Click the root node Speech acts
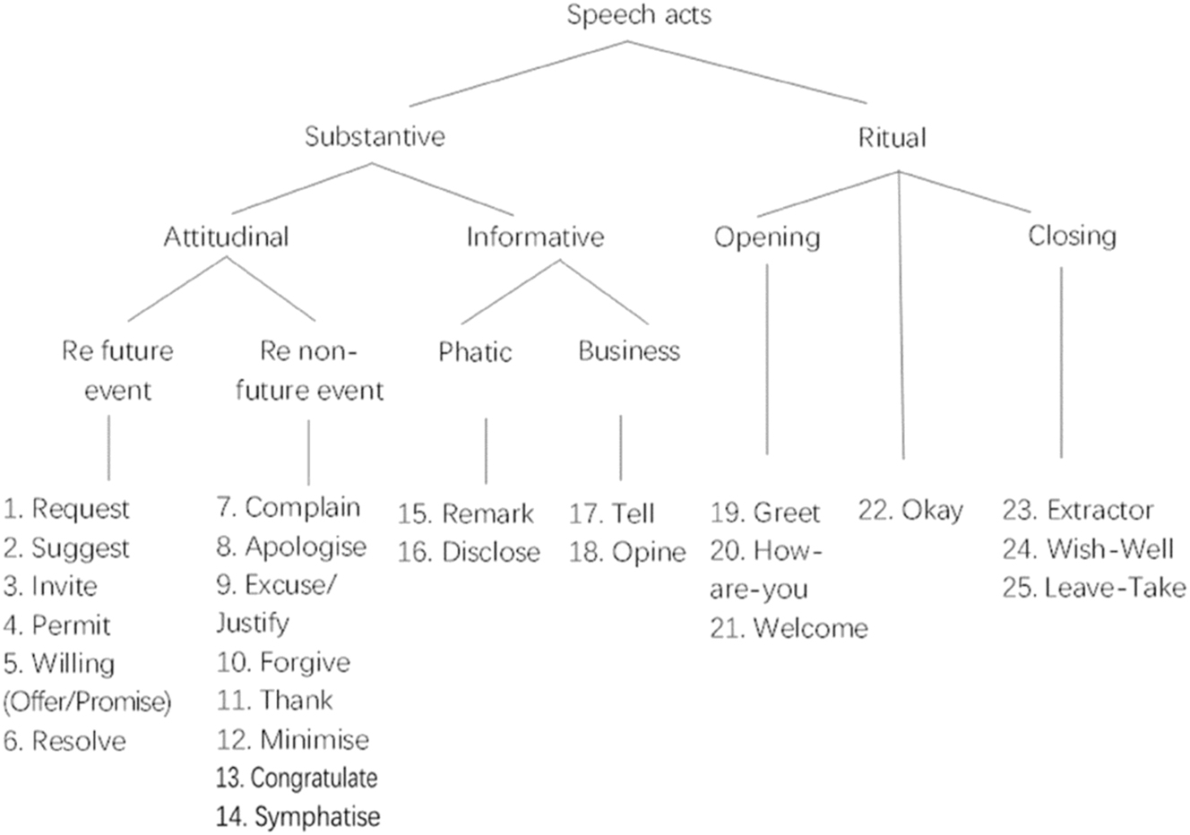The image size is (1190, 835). [x=639, y=15]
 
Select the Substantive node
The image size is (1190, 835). [x=375, y=137]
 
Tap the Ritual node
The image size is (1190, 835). [x=892, y=138]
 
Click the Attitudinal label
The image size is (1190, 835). [x=226, y=237]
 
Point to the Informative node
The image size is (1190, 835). [x=535, y=237]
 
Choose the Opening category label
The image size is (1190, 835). [x=767, y=237]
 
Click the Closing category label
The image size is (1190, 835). [x=1072, y=236]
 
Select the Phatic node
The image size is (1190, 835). [x=475, y=351]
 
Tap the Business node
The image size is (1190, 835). [x=629, y=350]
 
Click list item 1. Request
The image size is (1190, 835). [x=67, y=509]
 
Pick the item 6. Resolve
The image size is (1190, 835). [x=65, y=741]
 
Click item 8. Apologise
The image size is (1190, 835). [x=291, y=547]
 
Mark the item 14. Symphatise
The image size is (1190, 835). [x=297, y=816]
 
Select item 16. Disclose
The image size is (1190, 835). [x=469, y=552]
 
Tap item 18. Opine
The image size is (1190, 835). [x=626, y=553]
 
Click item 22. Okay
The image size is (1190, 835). [x=910, y=511]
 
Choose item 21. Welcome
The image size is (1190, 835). [x=789, y=628]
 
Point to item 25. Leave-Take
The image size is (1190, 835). [x=1094, y=588]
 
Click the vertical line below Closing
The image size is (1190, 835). [x=1062, y=358]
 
